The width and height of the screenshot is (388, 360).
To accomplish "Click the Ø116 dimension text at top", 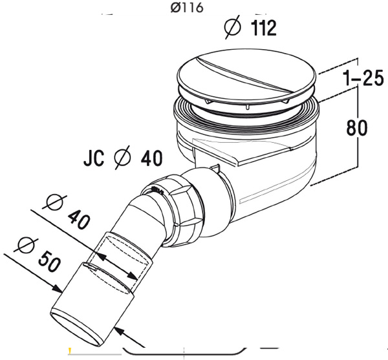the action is pyautogui.click(x=187, y=8).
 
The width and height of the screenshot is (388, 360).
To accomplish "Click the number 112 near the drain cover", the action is pyautogui.click(x=264, y=28).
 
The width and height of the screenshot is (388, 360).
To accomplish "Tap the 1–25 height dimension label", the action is pyautogui.click(x=363, y=79).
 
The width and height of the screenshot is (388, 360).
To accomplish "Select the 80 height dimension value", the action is pyautogui.click(x=357, y=127).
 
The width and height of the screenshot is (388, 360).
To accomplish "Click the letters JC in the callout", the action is pyautogui.click(x=94, y=158).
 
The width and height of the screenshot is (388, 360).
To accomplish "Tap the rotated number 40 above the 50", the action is pyautogui.click(x=79, y=220).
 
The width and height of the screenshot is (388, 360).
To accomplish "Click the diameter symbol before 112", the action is pyautogui.click(x=232, y=26).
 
